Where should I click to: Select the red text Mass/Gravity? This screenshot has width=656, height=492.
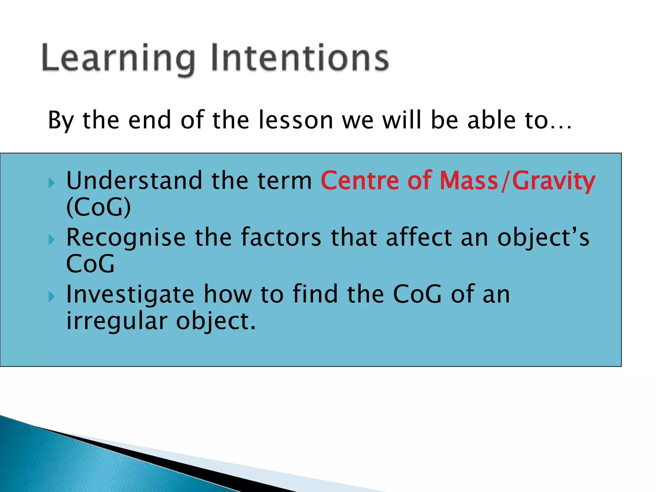pos(517,181)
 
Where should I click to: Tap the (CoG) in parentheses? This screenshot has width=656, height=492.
pos(98,207)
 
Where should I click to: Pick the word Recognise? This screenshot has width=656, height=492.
pos(126,238)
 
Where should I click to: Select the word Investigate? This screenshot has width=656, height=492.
pos(130,294)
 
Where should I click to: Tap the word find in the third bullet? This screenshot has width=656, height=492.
pos(315,294)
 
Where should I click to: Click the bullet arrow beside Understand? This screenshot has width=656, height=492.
pos(52,183)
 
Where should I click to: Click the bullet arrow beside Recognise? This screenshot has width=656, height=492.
pos(52,240)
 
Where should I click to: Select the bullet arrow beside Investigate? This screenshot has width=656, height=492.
pos(52,297)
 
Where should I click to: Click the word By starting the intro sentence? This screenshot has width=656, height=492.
pos(61,121)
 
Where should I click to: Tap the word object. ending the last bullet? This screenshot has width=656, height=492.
pos(216,321)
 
